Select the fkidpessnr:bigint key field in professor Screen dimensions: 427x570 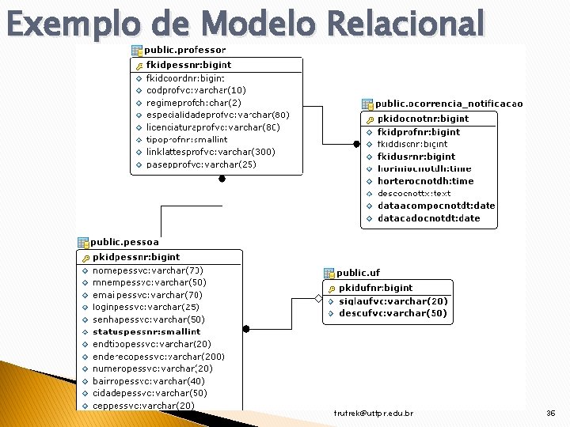tap(189, 65)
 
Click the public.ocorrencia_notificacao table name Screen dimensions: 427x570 tap(449, 104)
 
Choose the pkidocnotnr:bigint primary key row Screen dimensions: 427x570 tap(423, 119)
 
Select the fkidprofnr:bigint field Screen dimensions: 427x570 tap(419, 132)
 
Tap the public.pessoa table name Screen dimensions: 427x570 tap(124, 242)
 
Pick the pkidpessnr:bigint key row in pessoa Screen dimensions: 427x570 tap(136, 257)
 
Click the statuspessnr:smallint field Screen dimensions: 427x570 tap(146, 332)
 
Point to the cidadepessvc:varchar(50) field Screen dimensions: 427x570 tap(150, 393)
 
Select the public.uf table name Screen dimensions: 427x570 tap(359, 273)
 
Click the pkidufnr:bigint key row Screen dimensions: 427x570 tap(376, 288)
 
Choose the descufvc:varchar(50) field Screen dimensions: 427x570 tap(393, 313)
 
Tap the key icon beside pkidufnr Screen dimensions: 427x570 tap(332, 289)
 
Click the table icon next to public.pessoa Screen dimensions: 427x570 tap(83, 242)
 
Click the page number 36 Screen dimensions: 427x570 tap(551, 414)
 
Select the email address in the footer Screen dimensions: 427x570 tap(374, 414)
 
